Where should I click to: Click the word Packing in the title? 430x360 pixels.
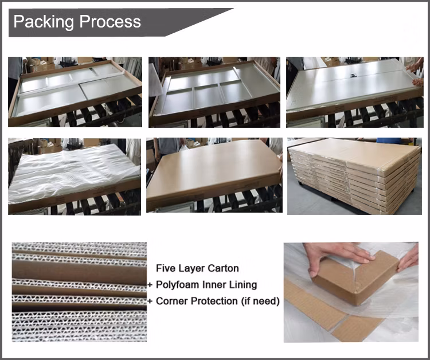(x=44, y=22)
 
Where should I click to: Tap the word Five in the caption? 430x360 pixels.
(x=165, y=268)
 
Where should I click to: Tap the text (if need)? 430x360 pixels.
(x=260, y=302)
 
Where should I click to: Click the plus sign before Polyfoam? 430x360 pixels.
(x=150, y=285)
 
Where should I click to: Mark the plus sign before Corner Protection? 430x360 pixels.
(x=150, y=302)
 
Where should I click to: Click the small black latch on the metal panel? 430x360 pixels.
(x=354, y=75)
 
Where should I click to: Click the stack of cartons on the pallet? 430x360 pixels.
(x=355, y=175)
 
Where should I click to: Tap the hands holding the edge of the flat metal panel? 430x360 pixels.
(x=415, y=73)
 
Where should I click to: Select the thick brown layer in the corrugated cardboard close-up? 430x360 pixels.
(x=79, y=272)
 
